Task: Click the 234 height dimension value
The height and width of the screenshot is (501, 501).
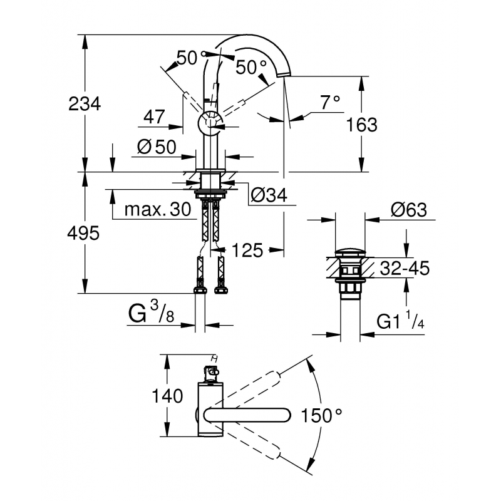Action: tap(84, 103)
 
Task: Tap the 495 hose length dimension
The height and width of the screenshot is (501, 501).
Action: tap(84, 234)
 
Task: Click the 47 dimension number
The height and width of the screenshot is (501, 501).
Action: tap(153, 116)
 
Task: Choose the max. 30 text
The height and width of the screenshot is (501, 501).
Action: tap(157, 209)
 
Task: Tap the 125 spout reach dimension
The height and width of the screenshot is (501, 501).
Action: tap(247, 251)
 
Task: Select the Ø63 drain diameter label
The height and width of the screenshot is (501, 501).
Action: tap(408, 210)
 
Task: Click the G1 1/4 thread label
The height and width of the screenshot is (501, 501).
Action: tap(401, 322)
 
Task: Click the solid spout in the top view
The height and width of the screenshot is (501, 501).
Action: tap(247, 415)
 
